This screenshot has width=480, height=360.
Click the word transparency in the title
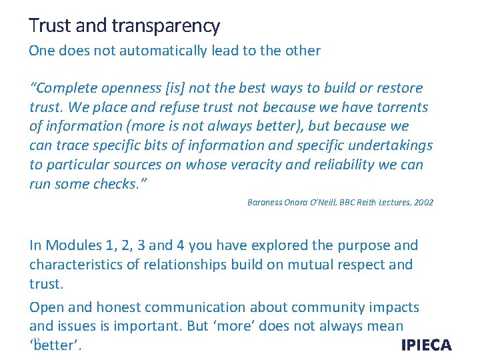[166, 26]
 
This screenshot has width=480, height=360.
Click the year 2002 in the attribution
[423, 202]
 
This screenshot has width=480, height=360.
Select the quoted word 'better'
[57, 346]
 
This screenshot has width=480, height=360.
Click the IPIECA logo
[426, 345]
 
